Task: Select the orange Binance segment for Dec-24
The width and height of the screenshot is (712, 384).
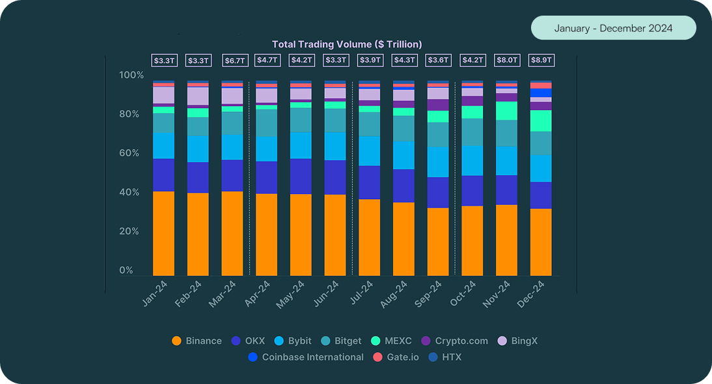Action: pos(541,242)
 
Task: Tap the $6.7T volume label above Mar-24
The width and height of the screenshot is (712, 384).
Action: pos(235,61)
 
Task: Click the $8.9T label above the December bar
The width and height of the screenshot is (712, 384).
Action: pos(541,61)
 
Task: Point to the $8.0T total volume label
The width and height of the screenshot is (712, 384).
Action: pos(506,61)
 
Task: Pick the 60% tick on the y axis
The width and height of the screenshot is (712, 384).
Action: pos(131,154)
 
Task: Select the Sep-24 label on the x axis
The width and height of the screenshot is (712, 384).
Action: pos(430,294)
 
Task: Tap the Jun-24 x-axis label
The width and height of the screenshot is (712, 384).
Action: pos(327,294)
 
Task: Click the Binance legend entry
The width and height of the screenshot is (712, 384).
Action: pos(197,341)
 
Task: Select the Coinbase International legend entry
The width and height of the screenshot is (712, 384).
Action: pos(306,357)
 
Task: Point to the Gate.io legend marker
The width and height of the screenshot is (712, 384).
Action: pos(377,357)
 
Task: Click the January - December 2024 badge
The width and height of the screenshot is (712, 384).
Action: pos(613,29)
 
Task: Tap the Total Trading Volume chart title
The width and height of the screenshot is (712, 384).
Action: pos(347,44)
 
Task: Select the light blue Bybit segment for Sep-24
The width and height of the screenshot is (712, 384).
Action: pos(438,161)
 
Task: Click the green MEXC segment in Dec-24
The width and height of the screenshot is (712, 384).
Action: pos(541,120)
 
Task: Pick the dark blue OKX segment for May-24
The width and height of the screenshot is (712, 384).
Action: pos(301,176)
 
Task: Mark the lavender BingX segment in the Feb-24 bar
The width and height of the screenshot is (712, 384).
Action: pos(198,96)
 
